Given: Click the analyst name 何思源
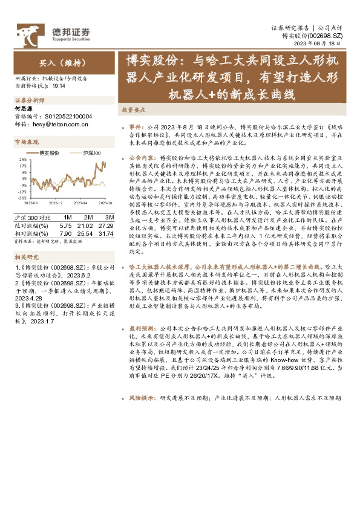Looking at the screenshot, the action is pyautogui.click(x=22, y=108).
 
